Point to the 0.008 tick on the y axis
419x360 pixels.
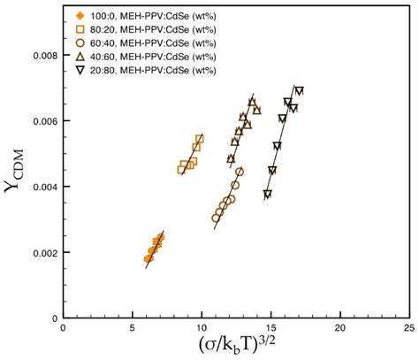[x=40, y=55]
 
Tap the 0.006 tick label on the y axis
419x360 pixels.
[x=40, y=120]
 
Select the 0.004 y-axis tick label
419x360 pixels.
[x=40, y=187]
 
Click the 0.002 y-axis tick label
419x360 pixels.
[x=40, y=252]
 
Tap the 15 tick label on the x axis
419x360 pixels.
[x=270, y=327]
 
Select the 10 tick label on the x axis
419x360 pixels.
[x=201, y=327]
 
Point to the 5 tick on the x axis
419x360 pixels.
[x=132, y=327]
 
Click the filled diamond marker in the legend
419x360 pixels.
[x=80, y=17]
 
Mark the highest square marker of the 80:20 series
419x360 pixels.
[x=200, y=139]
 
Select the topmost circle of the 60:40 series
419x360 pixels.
[x=240, y=172]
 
